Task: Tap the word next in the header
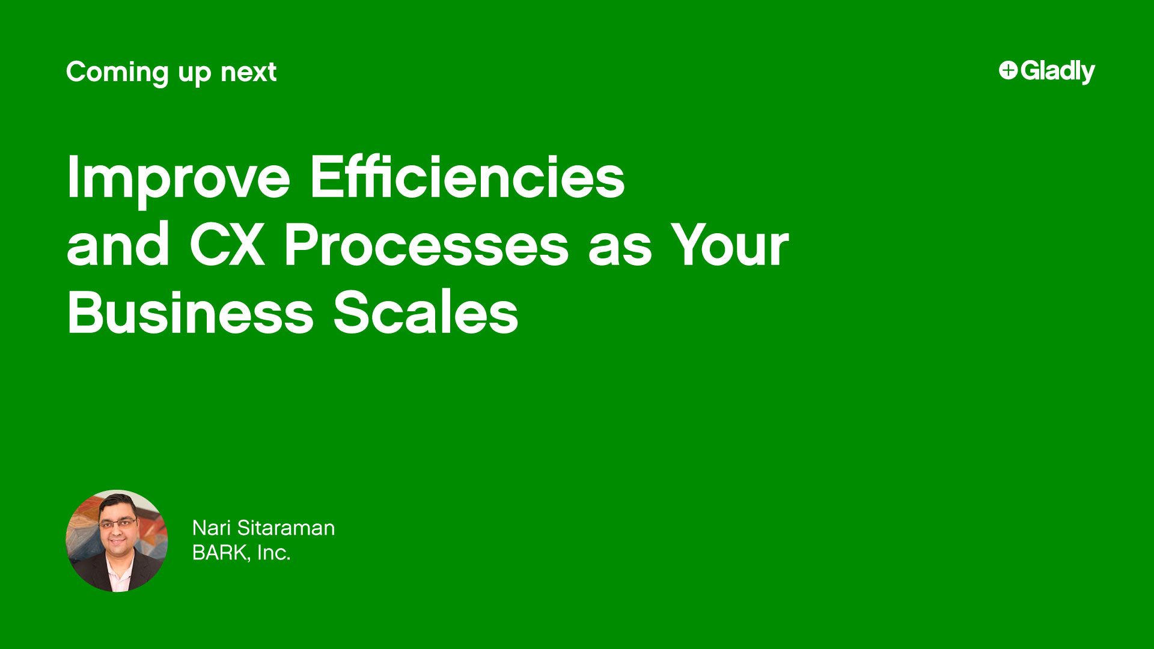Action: pyautogui.click(x=248, y=73)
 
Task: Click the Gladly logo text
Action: pyautogui.click(x=1057, y=72)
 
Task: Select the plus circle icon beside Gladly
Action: pyautogui.click(x=1008, y=70)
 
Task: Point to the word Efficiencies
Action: pyautogui.click(x=468, y=177)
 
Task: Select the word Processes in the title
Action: pyautogui.click(x=426, y=246)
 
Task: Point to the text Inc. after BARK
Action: pyautogui.click(x=274, y=553)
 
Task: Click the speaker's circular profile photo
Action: pyautogui.click(x=117, y=541)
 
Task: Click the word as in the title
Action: pyautogui.click(x=619, y=246)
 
